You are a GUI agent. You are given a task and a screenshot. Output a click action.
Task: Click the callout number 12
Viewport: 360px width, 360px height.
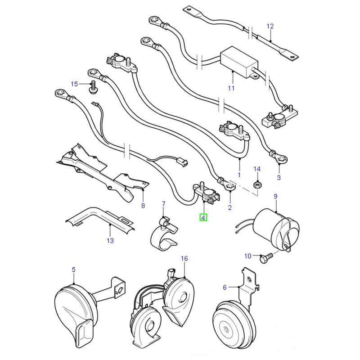pyautogui.click(x=270, y=26)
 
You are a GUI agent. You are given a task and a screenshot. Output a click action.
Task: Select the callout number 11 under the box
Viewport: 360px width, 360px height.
pyautogui.click(x=231, y=88)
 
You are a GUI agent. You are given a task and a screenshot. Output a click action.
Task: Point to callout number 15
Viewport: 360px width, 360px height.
pyautogui.click(x=74, y=84)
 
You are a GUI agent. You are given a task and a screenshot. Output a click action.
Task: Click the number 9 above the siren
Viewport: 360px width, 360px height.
pyautogui.click(x=275, y=196)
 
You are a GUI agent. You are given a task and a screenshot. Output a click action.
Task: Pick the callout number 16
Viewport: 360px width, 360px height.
pyautogui.click(x=184, y=258)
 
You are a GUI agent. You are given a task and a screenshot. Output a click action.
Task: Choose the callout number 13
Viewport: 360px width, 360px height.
pyautogui.click(x=110, y=241)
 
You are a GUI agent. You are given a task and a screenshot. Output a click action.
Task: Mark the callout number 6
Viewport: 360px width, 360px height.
pyautogui.click(x=225, y=287)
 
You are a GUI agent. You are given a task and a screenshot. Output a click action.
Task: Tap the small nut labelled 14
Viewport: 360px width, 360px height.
pyautogui.click(x=257, y=184)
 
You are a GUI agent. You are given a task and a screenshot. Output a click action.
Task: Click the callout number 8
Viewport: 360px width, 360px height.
pyautogui.click(x=143, y=206)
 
